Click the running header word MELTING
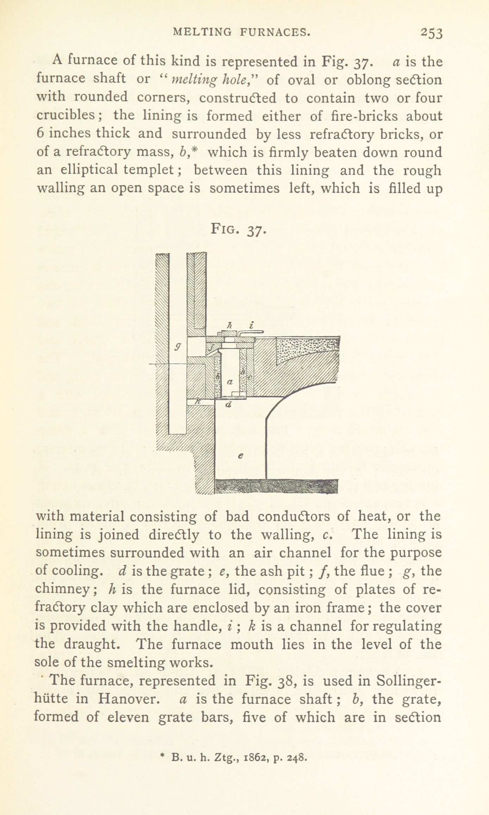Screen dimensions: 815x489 [203, 32]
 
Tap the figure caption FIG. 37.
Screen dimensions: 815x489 [238, 230]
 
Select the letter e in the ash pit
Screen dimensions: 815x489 [241, 456]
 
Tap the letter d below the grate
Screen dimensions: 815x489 [228, 405]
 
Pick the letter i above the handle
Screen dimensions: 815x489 [251, 326]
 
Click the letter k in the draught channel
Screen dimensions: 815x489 [198, 401]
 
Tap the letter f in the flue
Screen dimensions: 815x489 [211, 348]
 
